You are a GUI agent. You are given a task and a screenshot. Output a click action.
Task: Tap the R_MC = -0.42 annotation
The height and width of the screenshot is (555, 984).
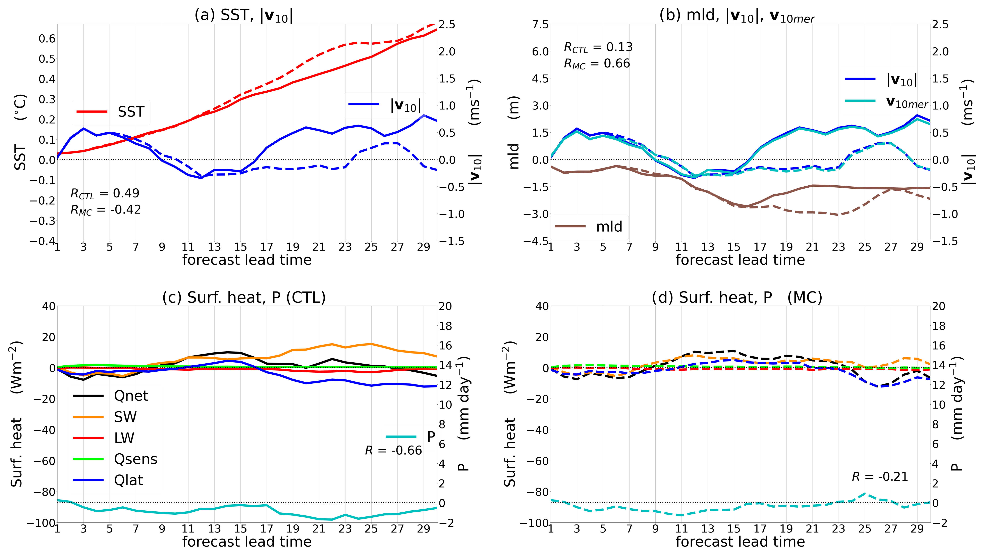[x=106, y=210]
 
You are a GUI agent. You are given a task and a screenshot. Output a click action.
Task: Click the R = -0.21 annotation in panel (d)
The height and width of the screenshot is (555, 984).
[x=880, y=477]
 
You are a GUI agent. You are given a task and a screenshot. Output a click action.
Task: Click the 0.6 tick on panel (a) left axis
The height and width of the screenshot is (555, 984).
[x=47, y=39]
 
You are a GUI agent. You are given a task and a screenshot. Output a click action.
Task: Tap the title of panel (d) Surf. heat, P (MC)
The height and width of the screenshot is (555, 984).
[x=737, y=297]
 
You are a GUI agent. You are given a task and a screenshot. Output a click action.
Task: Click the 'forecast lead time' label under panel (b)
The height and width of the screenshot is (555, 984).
[x=740, y=260]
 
